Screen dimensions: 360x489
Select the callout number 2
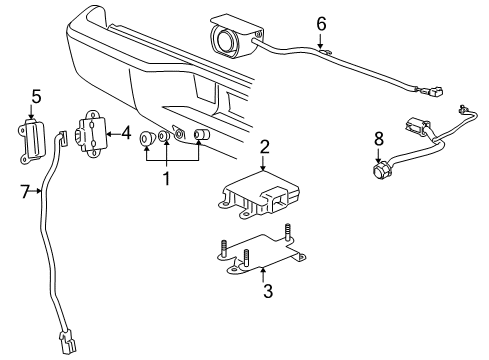[264, 147]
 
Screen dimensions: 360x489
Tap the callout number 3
[266, 292]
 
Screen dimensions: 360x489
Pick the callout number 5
[35, 97]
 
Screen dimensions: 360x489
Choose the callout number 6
[321, 22]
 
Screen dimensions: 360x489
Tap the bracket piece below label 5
[32, 137]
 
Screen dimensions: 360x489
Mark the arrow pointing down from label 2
[264, 159]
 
